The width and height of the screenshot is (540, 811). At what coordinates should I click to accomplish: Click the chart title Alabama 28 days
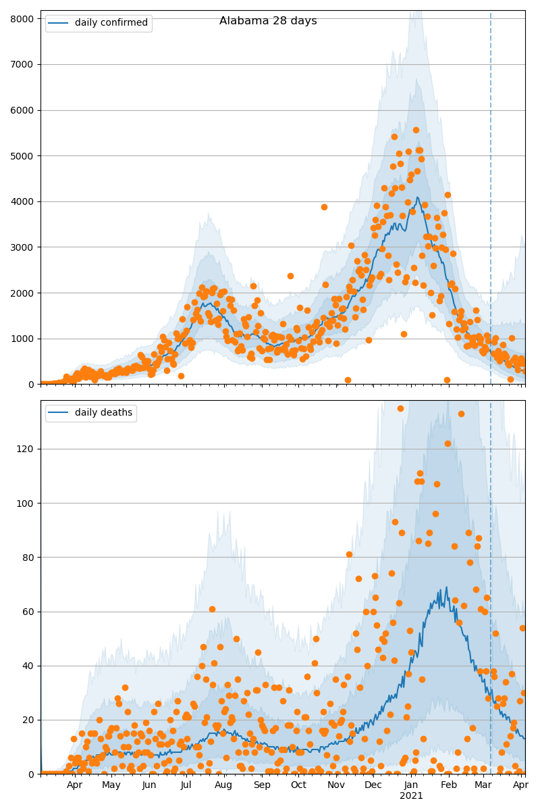tap(268, 21)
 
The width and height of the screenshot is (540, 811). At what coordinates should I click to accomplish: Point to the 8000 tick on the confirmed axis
tap(24, 18)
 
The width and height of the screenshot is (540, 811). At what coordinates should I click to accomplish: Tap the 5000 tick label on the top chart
tap(24, 155)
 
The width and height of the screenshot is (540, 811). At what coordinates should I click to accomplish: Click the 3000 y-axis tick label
tap(24, 247)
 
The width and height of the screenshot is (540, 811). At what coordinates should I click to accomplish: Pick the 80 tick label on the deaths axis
tap(29, 558)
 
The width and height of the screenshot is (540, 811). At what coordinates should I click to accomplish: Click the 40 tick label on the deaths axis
tap(29, 666)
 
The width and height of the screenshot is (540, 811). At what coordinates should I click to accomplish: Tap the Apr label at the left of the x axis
tap(74, 786)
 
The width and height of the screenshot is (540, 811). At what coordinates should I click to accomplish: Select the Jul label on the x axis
tap(186, 786)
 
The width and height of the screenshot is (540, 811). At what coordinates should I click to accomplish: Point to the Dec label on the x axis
tap(373, 786)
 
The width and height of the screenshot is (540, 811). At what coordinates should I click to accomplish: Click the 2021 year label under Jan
tap(411, 796)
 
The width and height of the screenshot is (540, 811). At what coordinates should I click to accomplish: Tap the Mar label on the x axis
tap(483, 786)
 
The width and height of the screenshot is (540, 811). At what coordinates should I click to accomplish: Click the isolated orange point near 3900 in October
tap(324, 207)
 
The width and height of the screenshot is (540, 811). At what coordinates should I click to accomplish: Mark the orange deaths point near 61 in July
tap(212, 609)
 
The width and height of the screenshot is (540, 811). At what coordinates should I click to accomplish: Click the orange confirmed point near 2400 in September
tap(290, 276)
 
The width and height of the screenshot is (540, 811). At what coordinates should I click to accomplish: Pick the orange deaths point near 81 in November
tap(349, 554)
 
